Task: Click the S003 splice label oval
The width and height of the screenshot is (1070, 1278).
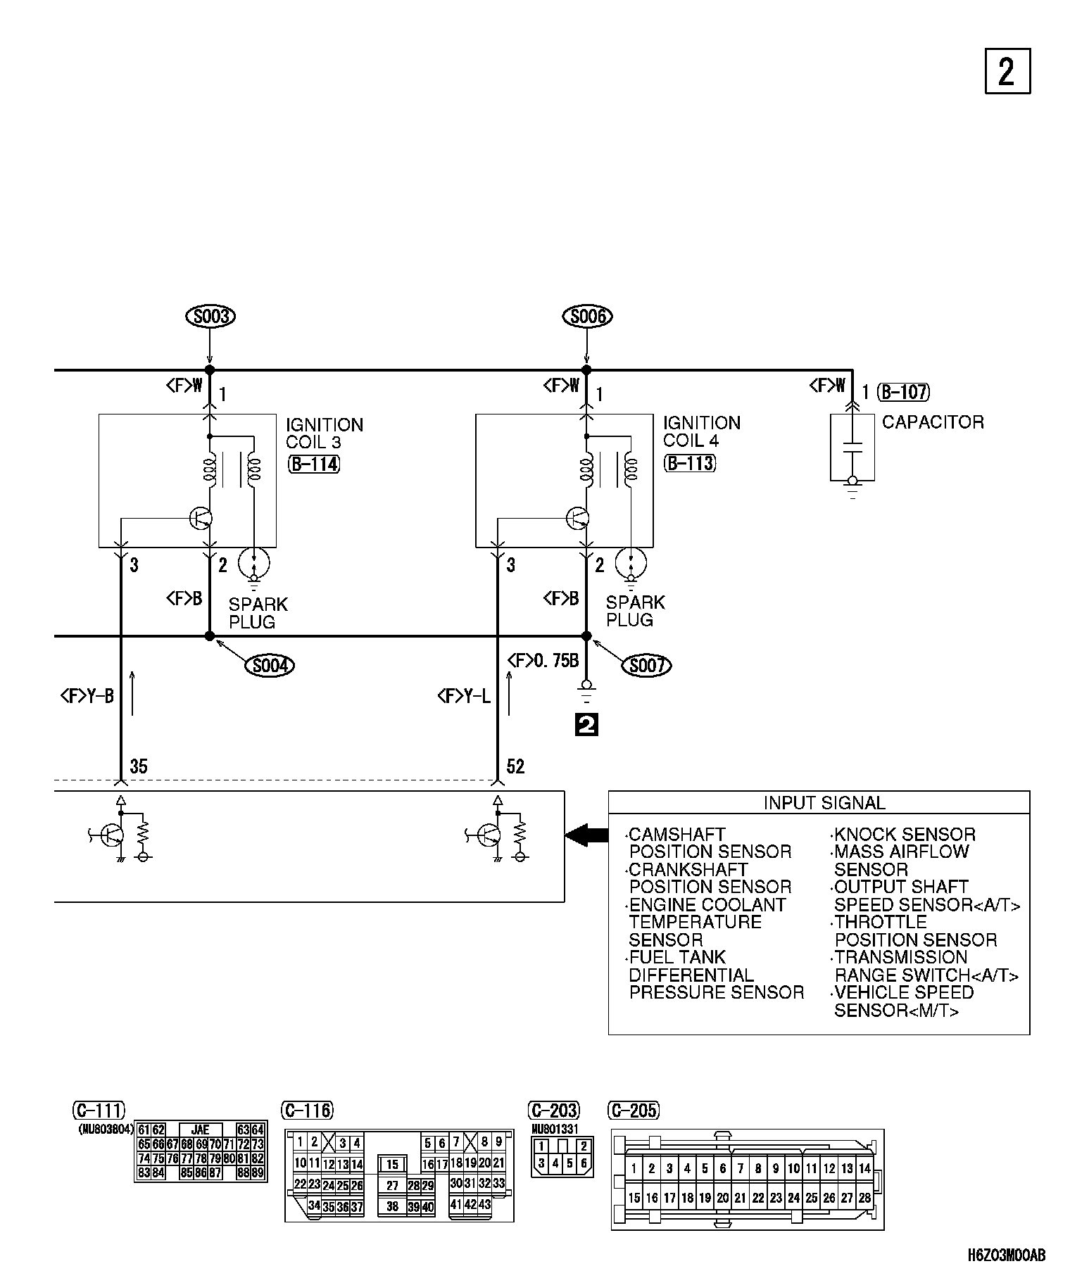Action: pyautogui.click(x=210, y=317)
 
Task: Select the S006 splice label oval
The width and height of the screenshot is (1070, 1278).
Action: pyautogui.click(x=588, y=317)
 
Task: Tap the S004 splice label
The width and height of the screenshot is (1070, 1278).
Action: pyautogui.click(x=270, y=665)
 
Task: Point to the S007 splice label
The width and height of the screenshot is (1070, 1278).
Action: pyautogui.click(x=647, y=665)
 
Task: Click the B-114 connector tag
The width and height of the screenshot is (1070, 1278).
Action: pyautogui.click(x=314, y=464)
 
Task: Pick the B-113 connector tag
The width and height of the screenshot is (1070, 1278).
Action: pyautogui.click(x=690, y=463)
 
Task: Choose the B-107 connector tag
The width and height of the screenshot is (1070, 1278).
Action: pyautogui.click(x=905, y=392)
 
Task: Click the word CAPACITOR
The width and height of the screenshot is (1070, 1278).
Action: pyautogui.click(x=933, y=422)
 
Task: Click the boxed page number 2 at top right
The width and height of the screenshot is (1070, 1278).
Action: pyautogui.click(x=1007, y=71)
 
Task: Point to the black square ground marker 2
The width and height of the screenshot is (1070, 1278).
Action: pyautogui.click(x=586, y=725)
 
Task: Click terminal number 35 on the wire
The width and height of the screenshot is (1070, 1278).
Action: pyautogui.click(x=139, y=766)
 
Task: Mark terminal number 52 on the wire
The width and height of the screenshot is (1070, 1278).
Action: pyautogui.click(x=516, y=766)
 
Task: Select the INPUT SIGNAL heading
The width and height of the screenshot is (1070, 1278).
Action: pyautogui.click(x=824, y=803)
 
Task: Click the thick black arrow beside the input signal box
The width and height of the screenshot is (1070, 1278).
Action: pyautogui.click(x=586, y=835)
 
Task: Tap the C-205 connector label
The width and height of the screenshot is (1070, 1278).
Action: pyautogui.click(x=633, y=1111)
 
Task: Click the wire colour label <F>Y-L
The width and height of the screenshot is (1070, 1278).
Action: pyautogui.click(x=464, y=697)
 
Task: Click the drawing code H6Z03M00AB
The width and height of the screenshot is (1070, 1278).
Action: pyautogui.click(x=1007, y=1255)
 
